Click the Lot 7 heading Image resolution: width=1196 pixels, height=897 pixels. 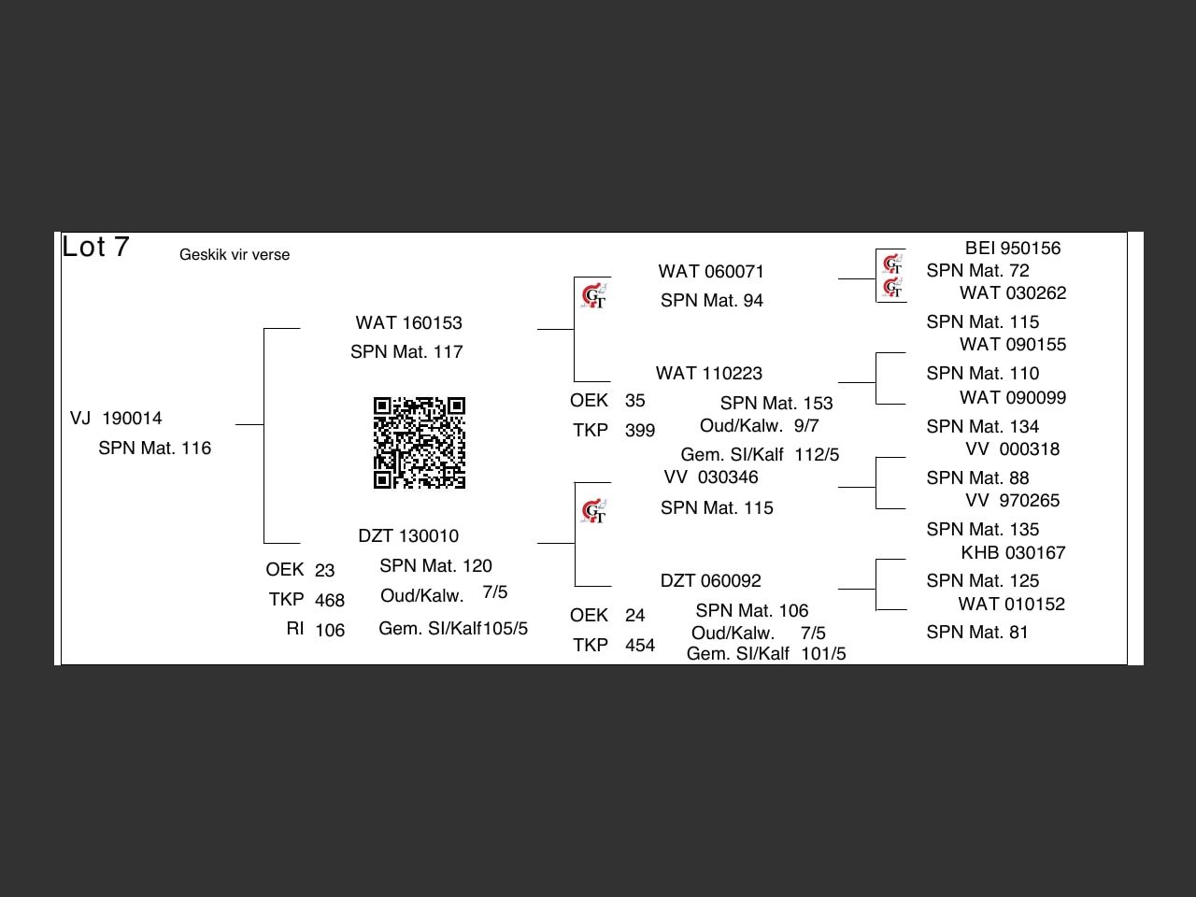pyautogui.click(x=95, y=247)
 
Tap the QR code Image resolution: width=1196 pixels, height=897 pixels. pyautogui.click(x=420, y=443)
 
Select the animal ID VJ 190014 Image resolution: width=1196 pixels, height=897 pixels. pyautogui.click(x=116, y=419)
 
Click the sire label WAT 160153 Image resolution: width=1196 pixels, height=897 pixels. pyautogui.click(x=408, y=323)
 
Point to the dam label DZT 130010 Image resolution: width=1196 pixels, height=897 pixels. pyautogui.click(x=408, y=536)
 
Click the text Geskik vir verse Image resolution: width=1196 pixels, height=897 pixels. pyautogui.click(x=235, y=255)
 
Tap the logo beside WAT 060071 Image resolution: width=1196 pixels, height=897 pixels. pyautogui.click(x=593, y=296)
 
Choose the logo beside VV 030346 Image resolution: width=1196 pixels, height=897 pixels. pyautogui.click(x=593, y=510)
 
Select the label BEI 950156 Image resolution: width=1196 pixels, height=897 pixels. pyautogui.click(x=1013, y=249)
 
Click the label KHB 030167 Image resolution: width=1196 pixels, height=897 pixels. pyautogui.click(x=1013, y=553)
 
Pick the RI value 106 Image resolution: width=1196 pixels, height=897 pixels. pyautogui.click(x=330, y=630)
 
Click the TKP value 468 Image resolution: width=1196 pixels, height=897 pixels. pyautogui.click(x=330, y=600)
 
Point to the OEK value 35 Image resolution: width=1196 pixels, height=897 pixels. pyautogui.click(x=634, y=401)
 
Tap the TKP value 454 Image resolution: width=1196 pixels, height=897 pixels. pyautogui.click(x=640, y=646)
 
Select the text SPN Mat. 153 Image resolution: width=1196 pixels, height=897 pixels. pyautogui.click(x=776, y=403)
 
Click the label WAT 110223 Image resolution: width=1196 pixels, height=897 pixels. pyautogui.click(x=709, y=374)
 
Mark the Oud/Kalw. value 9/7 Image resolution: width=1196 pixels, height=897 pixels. pyautogui.click(x=806, y=426)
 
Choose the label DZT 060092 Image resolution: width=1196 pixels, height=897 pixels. pyautogui.click(x=710, y=581)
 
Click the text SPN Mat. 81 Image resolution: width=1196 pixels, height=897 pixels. pyautogui.click(x=977, y=633)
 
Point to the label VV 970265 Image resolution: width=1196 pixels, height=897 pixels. pyautogui.click(x=1012, y=501)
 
